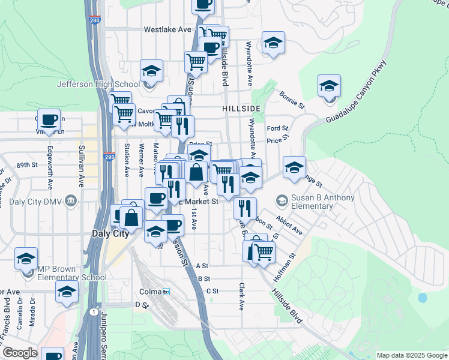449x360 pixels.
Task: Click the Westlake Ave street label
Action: click(167, 29)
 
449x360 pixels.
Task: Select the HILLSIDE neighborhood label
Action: click(241, 109)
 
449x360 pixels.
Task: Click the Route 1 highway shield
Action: click(94, 312)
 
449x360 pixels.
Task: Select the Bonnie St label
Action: click(292, 99)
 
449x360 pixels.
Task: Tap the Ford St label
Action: click(277, 128)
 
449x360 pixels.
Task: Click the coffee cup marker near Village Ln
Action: click(49, 119)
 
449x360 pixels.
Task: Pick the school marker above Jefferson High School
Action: click(152, 71)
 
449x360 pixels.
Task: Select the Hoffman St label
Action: click(285, 267)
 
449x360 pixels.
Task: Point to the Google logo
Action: click(19, 353)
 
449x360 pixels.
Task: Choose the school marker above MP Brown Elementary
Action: click(26, 258)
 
